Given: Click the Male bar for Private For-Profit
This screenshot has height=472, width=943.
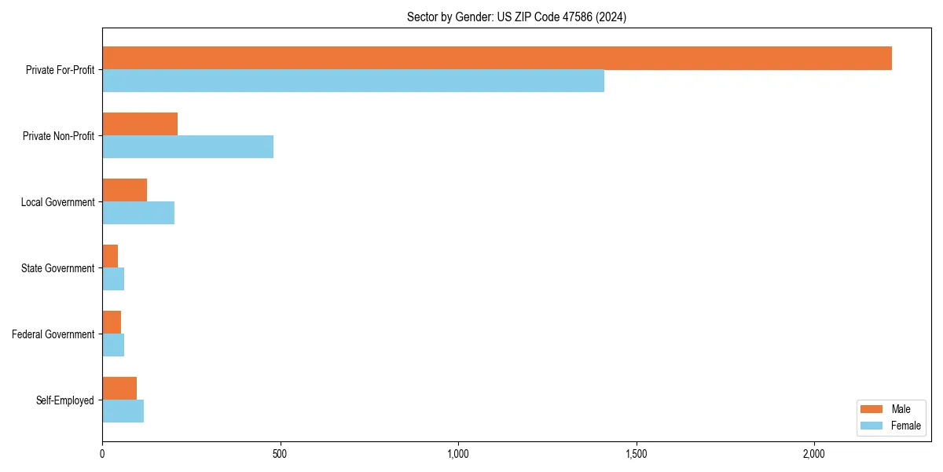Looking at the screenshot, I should [497, 58].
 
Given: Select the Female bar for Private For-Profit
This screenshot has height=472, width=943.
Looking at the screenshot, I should [353, 81].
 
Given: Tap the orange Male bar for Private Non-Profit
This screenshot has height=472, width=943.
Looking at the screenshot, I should [140, 124].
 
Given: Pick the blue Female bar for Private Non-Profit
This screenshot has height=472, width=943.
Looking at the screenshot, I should [188, 147].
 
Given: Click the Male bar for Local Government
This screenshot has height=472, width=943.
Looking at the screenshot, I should [124, 190].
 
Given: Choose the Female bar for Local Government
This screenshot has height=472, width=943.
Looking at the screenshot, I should [138, 213].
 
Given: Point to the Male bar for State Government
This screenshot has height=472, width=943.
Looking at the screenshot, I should [110, 256].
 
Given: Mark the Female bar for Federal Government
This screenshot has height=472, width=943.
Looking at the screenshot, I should [113, 345].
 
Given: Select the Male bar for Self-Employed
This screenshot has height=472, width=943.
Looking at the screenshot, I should [119, 389].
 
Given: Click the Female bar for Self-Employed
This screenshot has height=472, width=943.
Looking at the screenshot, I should [123, 411].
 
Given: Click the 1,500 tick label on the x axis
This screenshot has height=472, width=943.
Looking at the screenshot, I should [636, 454].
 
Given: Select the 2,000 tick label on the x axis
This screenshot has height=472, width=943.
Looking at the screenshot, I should [813, 454].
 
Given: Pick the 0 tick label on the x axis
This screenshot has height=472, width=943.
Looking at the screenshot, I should [102, 454].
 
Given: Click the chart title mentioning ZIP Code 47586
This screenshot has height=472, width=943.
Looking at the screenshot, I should [516, 17].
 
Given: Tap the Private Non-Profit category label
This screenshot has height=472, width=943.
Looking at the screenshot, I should [58, 136].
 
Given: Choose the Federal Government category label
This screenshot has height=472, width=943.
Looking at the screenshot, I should [53, 334].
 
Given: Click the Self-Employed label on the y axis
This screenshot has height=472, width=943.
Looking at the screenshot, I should [65, 400].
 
